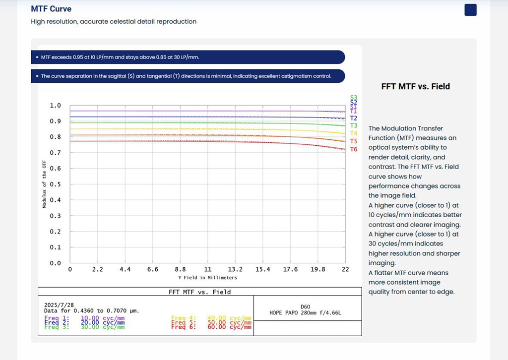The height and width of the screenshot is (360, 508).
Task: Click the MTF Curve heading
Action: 51,9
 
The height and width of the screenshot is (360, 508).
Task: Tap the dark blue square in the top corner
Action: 470,10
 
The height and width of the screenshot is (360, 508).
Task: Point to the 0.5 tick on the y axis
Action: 55,184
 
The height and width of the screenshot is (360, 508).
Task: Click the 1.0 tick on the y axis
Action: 55,106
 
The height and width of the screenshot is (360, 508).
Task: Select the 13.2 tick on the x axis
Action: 235,269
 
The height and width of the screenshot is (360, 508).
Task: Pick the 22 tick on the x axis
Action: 345,269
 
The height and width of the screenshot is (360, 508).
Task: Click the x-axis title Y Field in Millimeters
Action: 207,278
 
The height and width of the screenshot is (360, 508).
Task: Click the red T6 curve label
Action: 354,149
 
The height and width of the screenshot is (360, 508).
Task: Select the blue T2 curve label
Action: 354,119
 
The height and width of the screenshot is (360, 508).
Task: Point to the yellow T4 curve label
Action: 354,133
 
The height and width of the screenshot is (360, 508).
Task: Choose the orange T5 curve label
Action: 354,141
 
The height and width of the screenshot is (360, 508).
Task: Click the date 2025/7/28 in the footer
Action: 59,305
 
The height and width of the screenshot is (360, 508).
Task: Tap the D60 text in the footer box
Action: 306,306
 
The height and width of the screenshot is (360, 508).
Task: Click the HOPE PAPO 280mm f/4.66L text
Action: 306,313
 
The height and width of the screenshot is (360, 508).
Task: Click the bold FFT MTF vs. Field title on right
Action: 415,86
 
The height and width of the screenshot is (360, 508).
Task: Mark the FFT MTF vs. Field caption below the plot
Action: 200,292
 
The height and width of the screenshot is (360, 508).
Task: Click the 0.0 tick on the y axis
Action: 55,263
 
